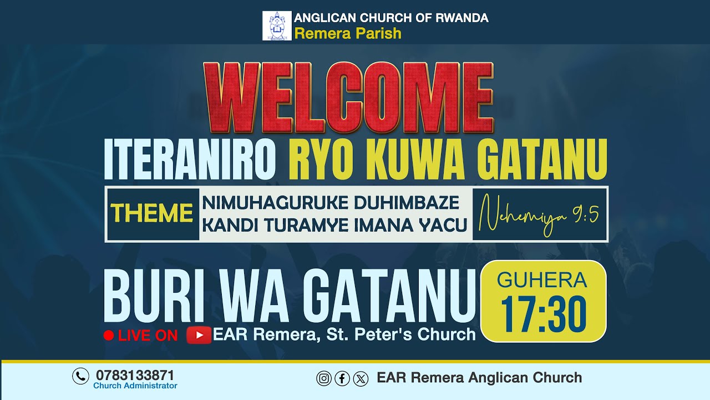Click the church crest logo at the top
[277, 26]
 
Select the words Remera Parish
[348, 34]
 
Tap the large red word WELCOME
[348, 98]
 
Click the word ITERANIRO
[190, 159]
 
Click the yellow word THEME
[152, 213]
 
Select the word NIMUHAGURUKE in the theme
[265, 203]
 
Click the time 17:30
[544, 315]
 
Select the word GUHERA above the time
[542, 281]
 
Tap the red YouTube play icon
[199, 335]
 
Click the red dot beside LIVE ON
[109, 335]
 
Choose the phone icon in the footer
[80, 376]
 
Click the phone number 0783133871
[135, 375]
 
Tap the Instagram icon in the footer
[324, 379]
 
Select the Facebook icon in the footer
[342, 379]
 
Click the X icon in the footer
[361, 379]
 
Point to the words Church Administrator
[135, 386]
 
